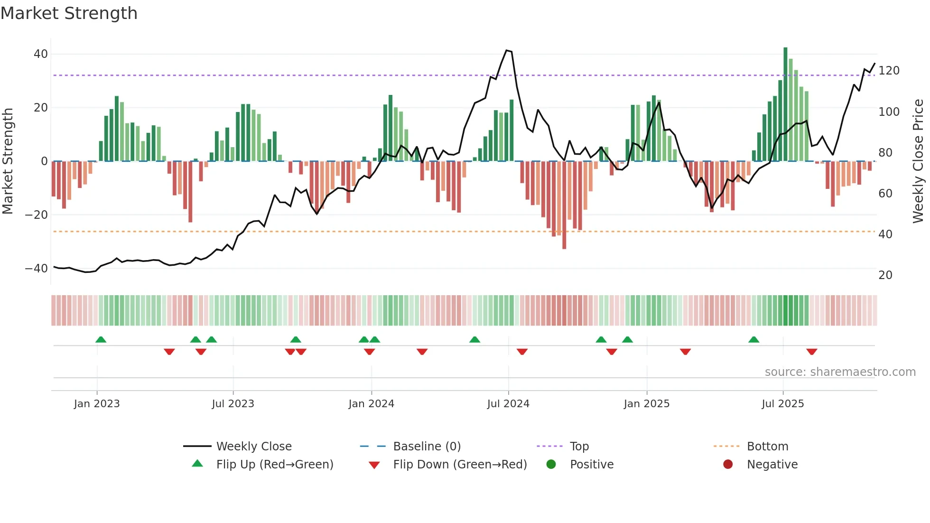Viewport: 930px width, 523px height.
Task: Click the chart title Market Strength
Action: coord(69,13)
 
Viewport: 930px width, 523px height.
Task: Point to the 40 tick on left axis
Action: coord(41,54)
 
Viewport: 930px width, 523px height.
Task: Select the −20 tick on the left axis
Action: coord(37,215)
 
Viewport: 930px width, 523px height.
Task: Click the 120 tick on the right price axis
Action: coord(889,71)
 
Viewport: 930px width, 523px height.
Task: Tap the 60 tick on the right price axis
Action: coord(885,194)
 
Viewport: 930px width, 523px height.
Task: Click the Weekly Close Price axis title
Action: coord(918,161)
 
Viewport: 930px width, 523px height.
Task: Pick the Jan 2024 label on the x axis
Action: coord(371,404)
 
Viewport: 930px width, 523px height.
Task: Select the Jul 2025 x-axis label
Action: coord(782,404)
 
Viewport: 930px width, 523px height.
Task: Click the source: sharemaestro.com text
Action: coord(840,372)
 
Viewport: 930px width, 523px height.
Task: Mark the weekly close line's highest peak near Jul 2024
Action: coord(507,50)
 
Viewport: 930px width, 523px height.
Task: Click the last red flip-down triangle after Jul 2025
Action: coord(811,352)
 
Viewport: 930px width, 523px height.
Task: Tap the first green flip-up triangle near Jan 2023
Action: coord(101,339)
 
